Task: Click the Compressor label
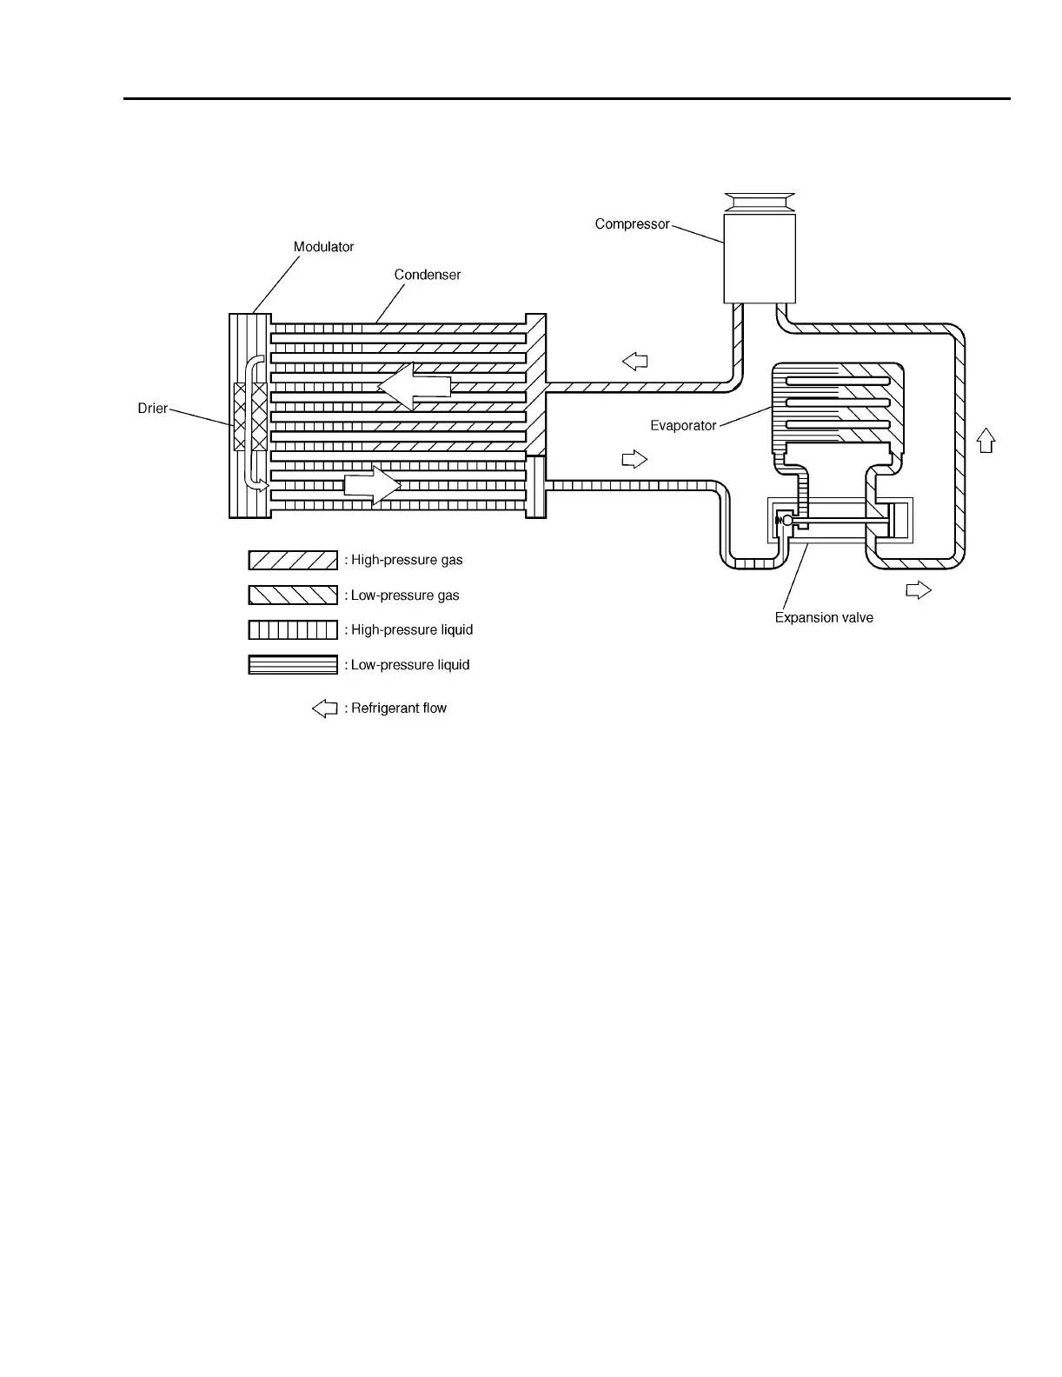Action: (x=632, y=224)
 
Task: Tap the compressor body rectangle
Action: (x=760, y=258)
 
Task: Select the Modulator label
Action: (x=323, y=247)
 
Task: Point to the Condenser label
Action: (x=427, y=275)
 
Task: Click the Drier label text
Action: (x=153, y=408)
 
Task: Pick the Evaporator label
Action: (x=683, y=426)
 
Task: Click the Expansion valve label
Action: (x=823, y=618)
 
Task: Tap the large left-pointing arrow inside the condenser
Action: (x=415, y=387)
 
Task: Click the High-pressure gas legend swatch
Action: (x=293, y=560)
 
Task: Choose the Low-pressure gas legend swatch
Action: (x=293, y=595)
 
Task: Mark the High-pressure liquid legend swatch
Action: (x=293, y=629)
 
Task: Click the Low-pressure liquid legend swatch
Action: (x=293, y=665)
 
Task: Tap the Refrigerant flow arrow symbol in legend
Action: (x=324, y=708)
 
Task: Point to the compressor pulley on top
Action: (x=760, y=203)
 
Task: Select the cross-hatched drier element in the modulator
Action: (x=249, y=416)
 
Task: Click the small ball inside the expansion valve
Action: (x=787, y=521)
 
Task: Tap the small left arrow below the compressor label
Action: (x=635, y=361)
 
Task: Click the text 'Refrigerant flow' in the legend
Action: (x=399, y=708)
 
